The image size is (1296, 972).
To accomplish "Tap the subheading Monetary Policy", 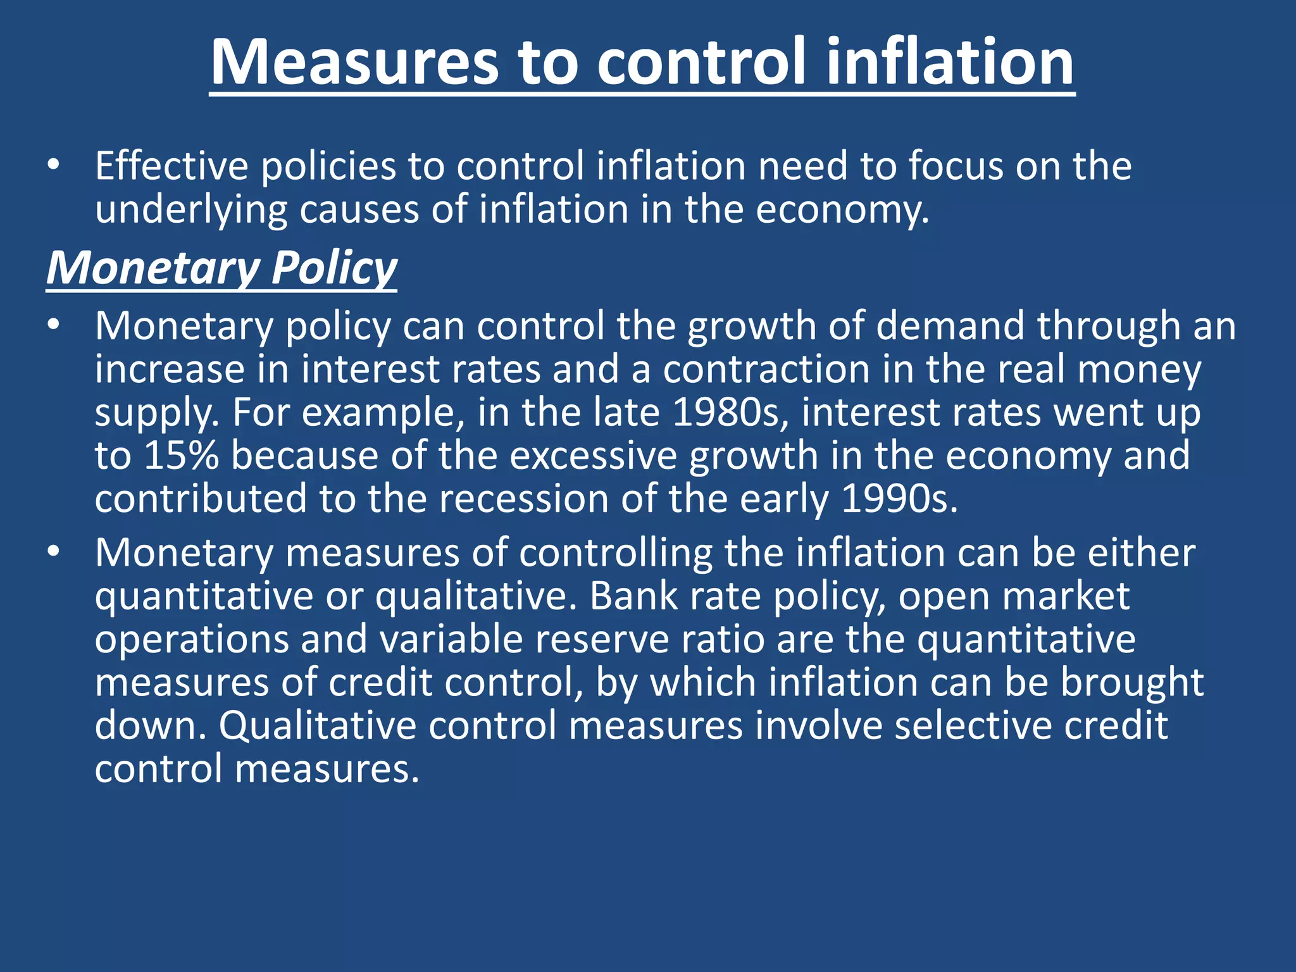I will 221,268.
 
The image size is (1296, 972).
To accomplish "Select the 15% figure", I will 181,456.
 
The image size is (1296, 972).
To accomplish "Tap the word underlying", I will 190,210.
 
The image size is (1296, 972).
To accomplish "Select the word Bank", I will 633,596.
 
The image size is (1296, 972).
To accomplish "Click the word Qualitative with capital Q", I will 317,725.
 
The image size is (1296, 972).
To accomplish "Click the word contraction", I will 766,369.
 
